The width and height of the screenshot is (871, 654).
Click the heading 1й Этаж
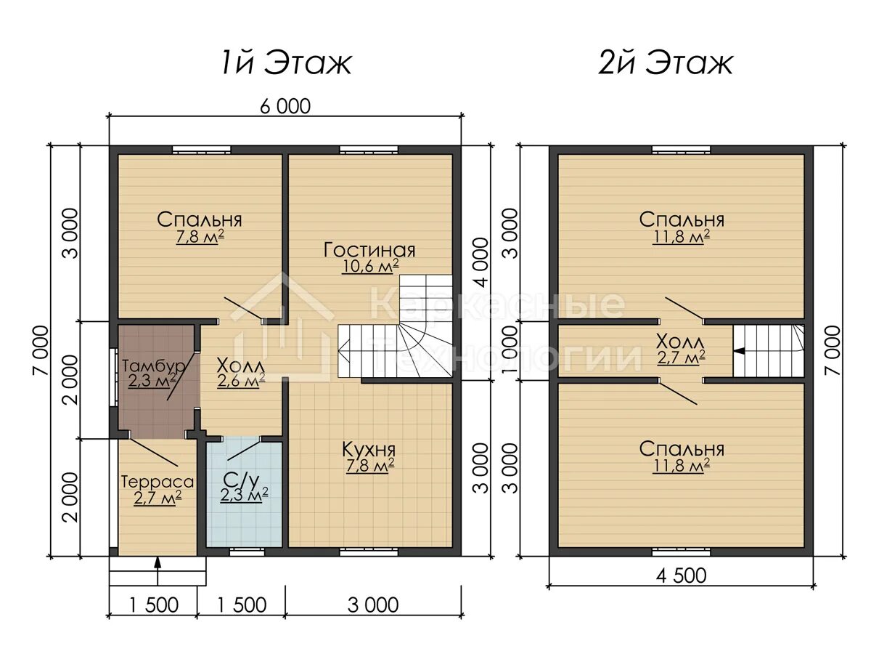[x=286, y=63]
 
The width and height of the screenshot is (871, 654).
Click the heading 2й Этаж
[x=666, y=63]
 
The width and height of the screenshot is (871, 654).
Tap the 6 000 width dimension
[x=285, y=106]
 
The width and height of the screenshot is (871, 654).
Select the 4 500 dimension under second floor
[x=681, y=576]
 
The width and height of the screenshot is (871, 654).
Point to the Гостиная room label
[x=369, y=250]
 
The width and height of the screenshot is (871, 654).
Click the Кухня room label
[x=369, y=450]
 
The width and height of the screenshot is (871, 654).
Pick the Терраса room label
[x=158, y=482]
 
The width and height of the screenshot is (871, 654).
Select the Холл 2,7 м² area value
[x=682, y=357]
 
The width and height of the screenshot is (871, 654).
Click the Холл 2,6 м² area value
[x=241, y=380]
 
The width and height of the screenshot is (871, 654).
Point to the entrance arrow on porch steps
[x=158, y=571]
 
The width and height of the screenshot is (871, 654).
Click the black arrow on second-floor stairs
[x=739, y=351]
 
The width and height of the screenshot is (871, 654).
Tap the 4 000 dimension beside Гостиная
[x=481, y=262]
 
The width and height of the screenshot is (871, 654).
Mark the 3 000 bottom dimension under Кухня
[x=373, y=605]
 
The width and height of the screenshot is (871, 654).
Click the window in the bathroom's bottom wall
[x=248, y=550]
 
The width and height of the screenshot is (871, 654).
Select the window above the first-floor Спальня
[x=201, y=150]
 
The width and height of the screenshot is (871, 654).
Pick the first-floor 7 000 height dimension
[x=41, y=350]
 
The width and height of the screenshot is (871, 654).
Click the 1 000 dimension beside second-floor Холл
[x=512, y=350]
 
